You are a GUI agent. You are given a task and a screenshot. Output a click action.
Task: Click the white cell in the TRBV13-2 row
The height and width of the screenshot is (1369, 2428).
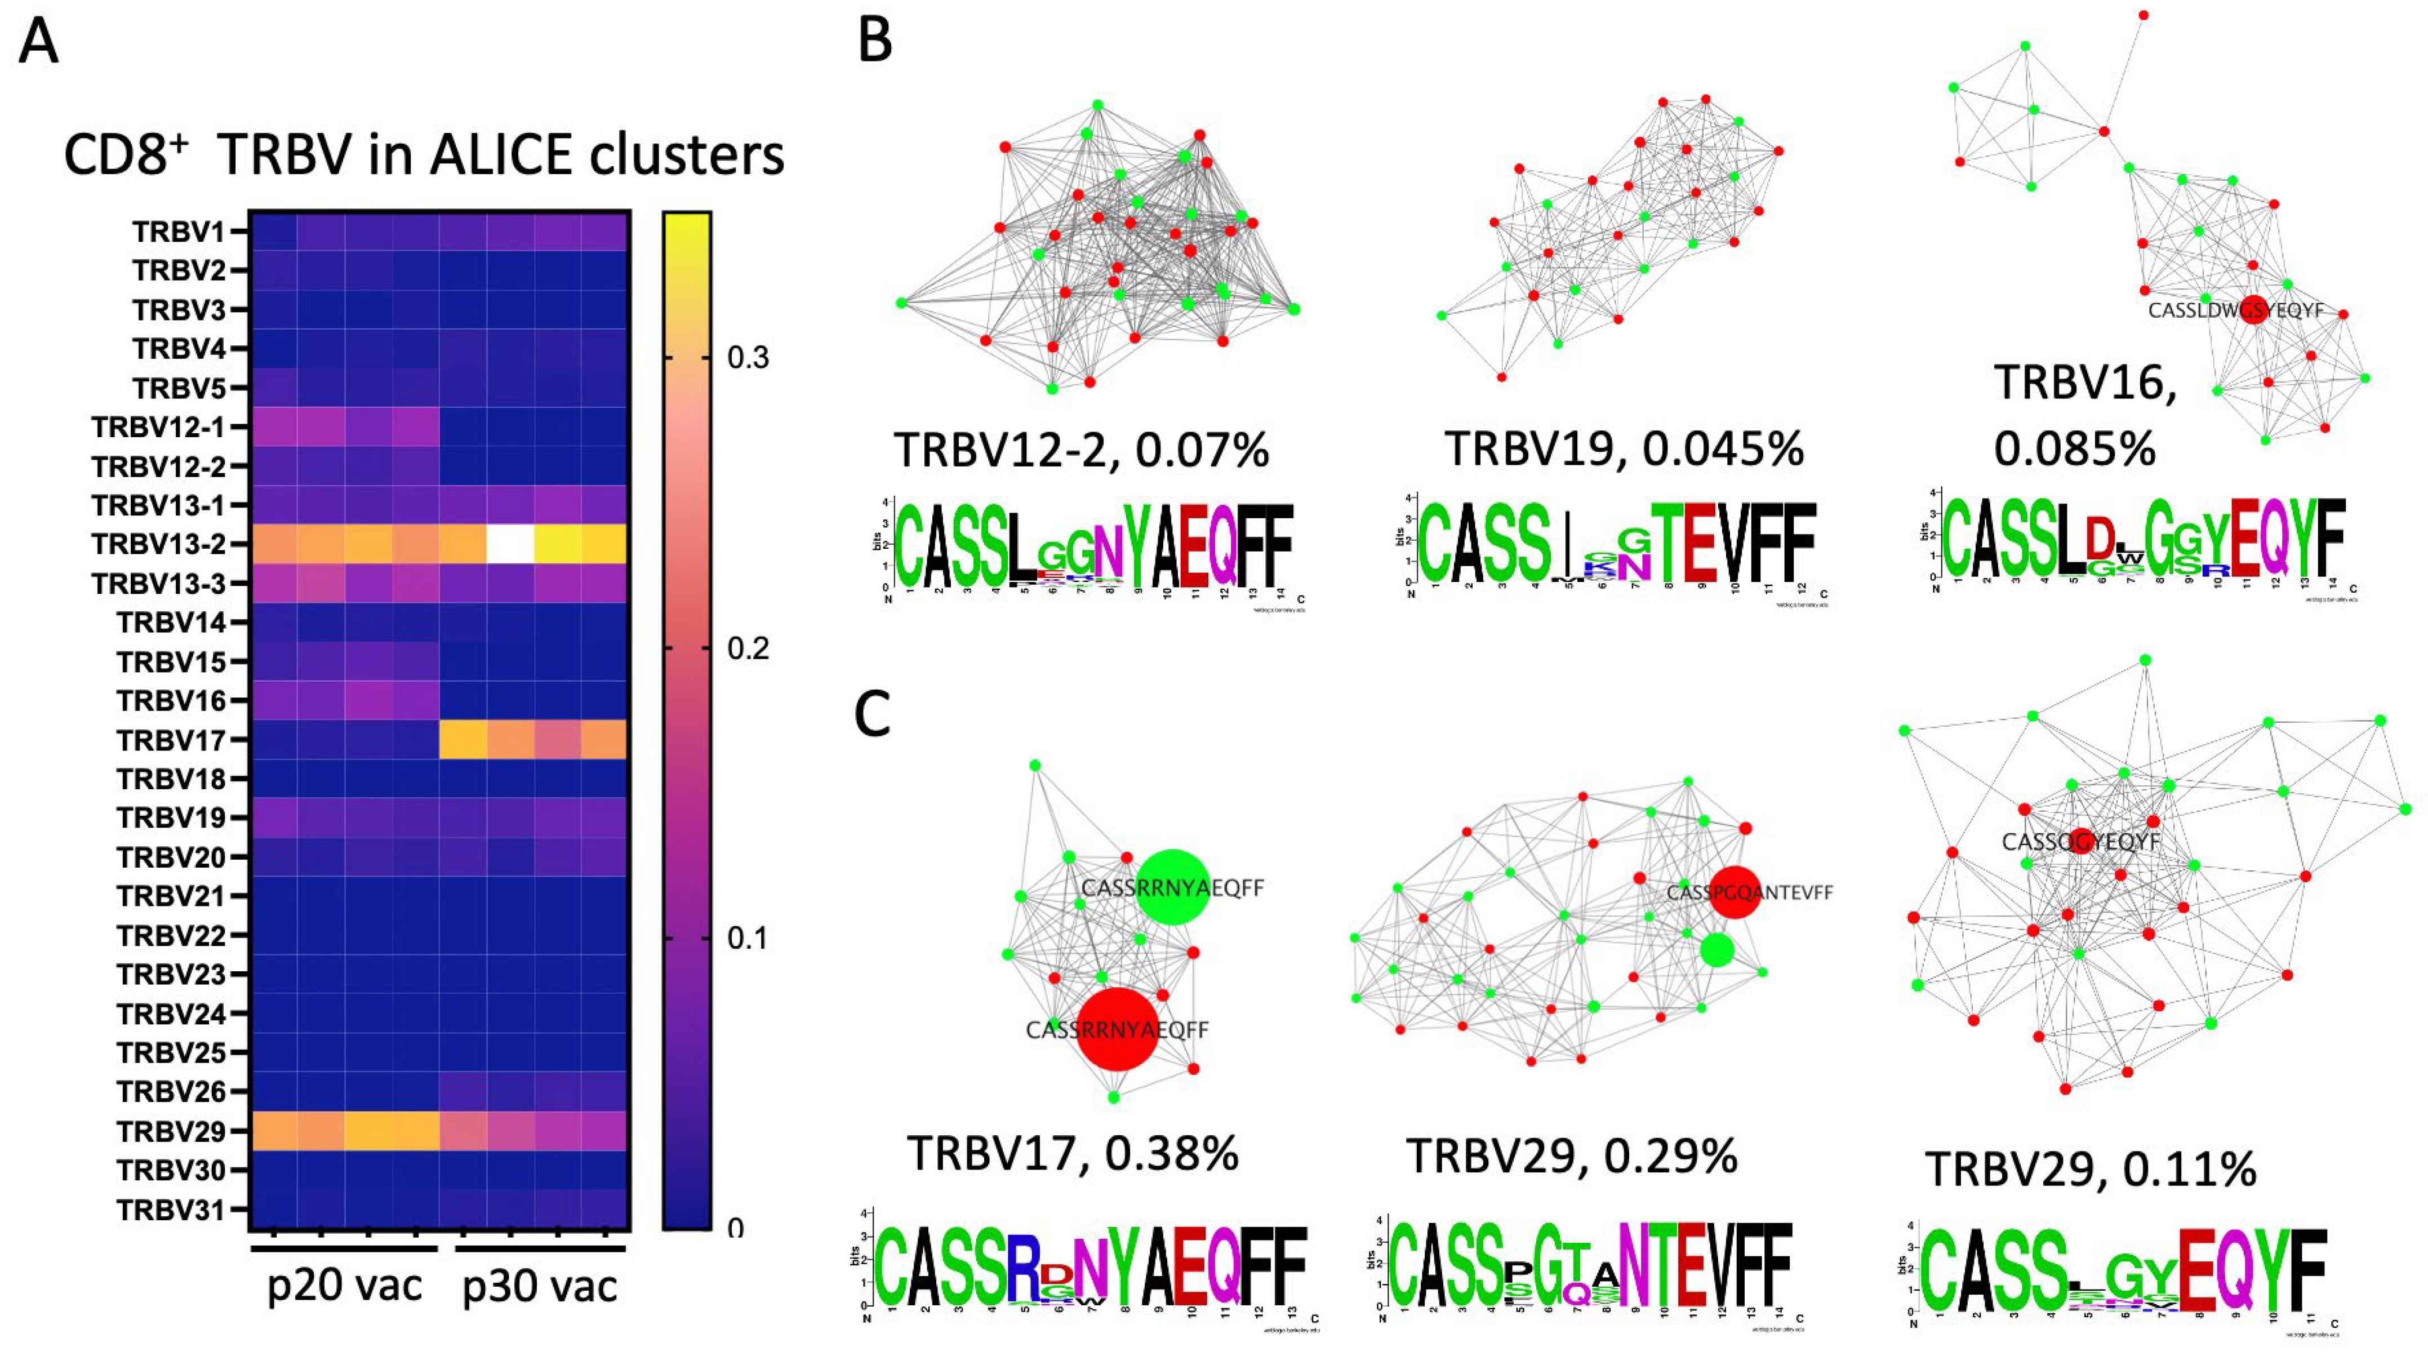pos(510,544)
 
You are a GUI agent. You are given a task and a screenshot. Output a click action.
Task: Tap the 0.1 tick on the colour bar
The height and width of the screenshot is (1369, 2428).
pos(748,939)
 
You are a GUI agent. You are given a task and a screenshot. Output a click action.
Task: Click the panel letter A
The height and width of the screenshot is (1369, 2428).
pos(39,42)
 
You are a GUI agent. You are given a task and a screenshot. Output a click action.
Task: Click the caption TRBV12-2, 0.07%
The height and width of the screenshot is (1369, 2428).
pos(1081,450)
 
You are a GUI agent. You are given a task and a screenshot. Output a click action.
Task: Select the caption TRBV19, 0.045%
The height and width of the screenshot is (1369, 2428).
pos(1624,449)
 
